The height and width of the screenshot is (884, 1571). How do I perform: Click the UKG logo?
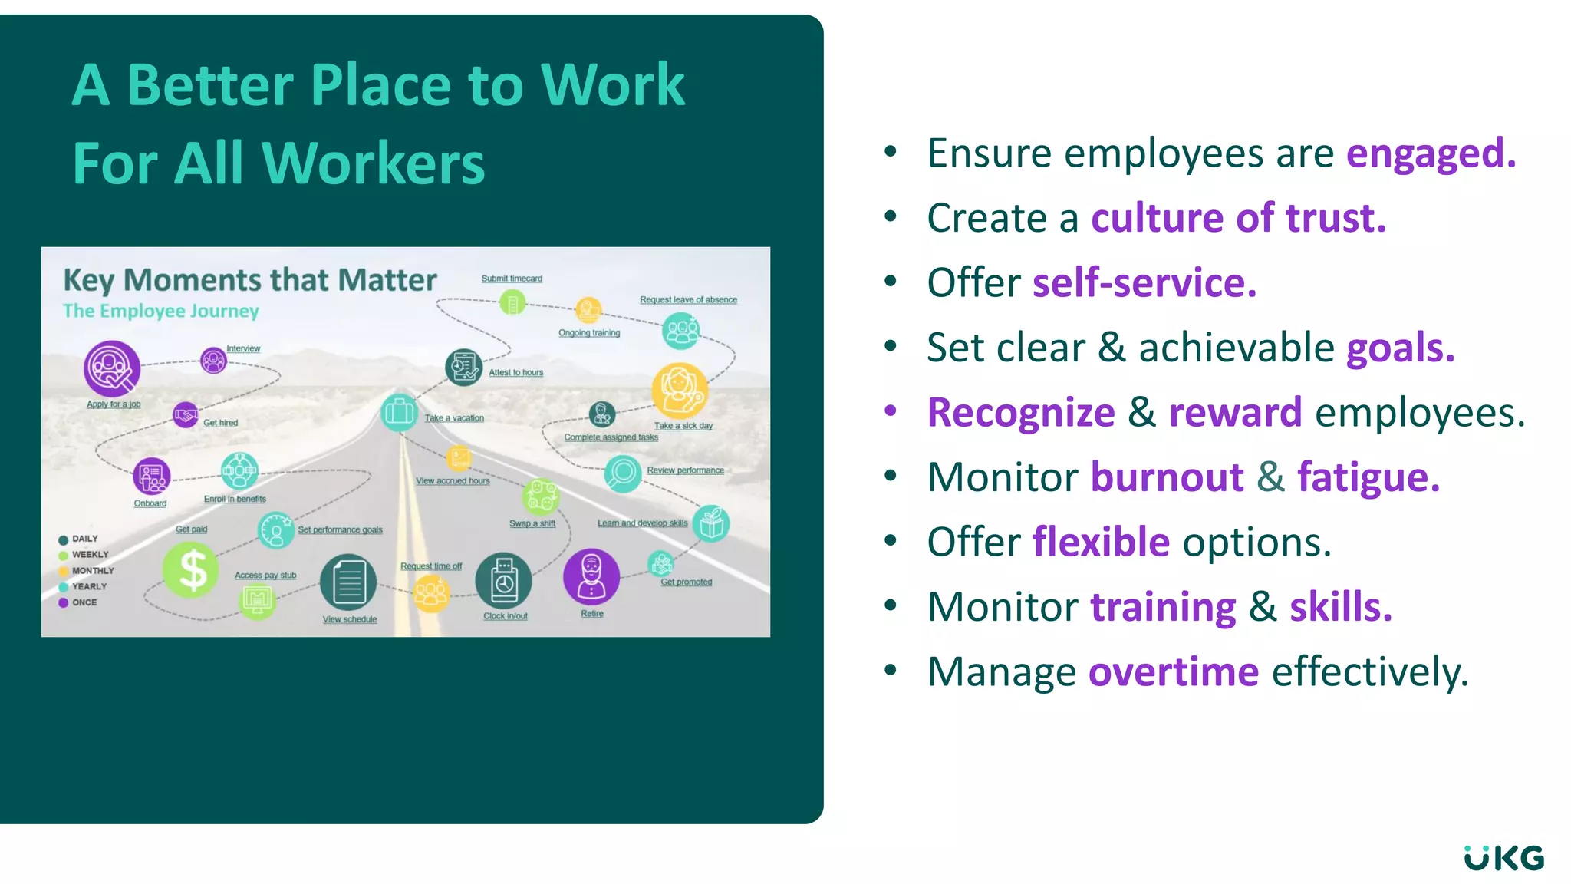1503,858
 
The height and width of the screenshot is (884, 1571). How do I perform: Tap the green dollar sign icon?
192,570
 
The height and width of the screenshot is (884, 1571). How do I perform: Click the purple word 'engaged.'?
1431,153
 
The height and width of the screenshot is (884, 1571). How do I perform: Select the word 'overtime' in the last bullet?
1173,672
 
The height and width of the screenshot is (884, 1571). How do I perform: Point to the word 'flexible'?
1100,543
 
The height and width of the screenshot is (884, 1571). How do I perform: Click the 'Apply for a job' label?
114,404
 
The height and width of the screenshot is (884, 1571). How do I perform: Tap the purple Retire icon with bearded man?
591,577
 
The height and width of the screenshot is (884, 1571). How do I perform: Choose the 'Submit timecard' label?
512,279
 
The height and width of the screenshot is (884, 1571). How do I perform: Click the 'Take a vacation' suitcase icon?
399,412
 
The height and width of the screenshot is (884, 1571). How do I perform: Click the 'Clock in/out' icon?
503,581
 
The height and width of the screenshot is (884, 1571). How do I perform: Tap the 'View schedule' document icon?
348,582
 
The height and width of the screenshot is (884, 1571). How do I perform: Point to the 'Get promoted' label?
687,582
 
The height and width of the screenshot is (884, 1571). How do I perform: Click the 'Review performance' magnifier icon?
622,473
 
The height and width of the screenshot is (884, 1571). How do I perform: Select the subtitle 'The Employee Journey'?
161,312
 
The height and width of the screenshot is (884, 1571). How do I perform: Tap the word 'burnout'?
1166,477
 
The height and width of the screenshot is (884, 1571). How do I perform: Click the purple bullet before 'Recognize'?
890,411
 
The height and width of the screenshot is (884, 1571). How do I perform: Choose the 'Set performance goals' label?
340,530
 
